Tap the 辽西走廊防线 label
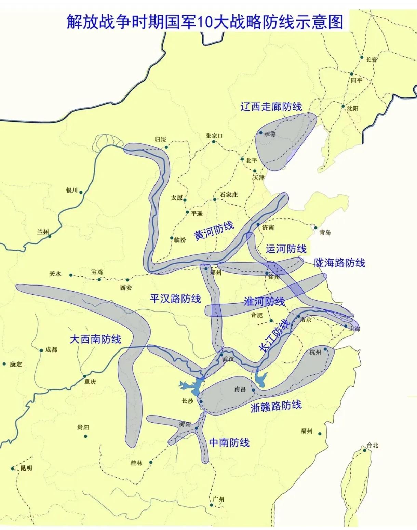tap(271, 107)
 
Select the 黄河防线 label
tap(214, 231)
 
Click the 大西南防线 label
tap(95, 339)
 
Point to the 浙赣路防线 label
tap(276, 406)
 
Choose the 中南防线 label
tap(229, 442)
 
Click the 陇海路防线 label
tap(339, 263)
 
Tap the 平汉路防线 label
tap(175, 299)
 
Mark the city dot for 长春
tap(362, 57)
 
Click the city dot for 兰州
tap(50, 236)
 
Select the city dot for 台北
tap(365, 450)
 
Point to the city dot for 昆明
tap(13, 468)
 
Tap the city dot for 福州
tap(320, 434)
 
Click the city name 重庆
tap(90, 382)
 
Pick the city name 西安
tap(126, 288)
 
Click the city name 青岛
tap(325, 233)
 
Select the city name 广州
tap(218, 500)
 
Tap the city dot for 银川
tap(81, 193)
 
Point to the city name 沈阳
tap(353, 109)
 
